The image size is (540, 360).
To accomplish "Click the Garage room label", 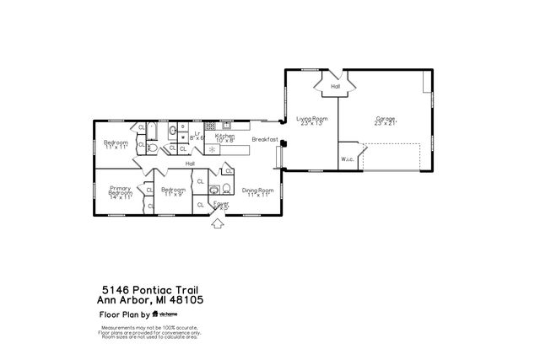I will point(385,121).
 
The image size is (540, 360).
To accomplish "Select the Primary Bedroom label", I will point(120,192).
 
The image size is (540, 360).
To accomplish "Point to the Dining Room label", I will point(258,193).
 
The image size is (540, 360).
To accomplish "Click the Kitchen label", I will point(224,137).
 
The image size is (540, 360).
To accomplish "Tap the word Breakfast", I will point(265,141).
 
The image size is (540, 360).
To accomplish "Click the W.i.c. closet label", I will point(347,159).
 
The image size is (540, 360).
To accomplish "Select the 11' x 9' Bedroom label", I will point(173,191).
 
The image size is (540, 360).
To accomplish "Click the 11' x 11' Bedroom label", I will point(116,145).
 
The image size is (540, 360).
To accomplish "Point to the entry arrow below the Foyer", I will point(217,223).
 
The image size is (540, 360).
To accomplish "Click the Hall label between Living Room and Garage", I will point(335,86).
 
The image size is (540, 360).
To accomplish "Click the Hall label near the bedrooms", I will point(190,164).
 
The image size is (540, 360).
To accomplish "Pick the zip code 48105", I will point(188,300).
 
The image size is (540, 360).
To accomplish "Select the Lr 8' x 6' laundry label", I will point(197,136).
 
